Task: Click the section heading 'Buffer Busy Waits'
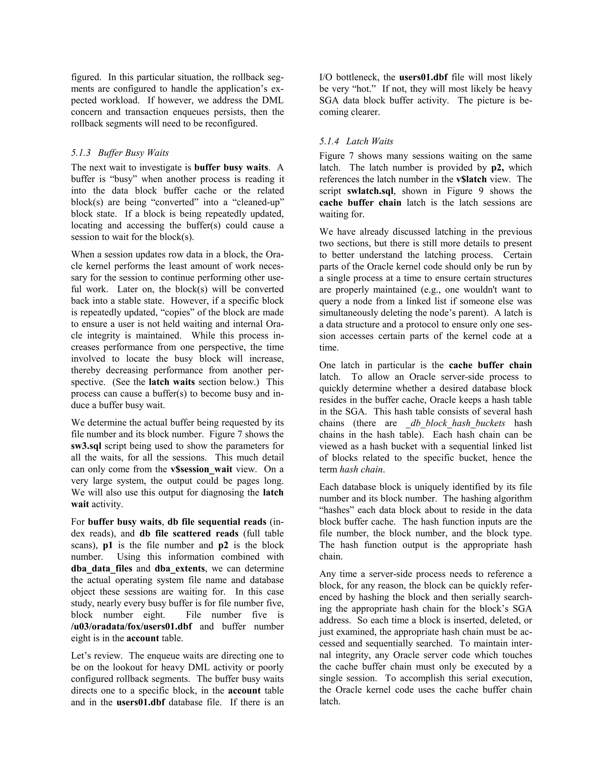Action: pos(133,153)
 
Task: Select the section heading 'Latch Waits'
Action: pos(370,141)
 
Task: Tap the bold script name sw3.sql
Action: pos(86,446)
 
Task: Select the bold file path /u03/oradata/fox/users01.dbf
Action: pos(131,626)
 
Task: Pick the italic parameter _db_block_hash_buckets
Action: pos(455,423)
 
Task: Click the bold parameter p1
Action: pos(107,545)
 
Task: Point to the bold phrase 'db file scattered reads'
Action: pos(189,534)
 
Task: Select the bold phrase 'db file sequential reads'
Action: pos(217,522)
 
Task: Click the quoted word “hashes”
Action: pos(336,510)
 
